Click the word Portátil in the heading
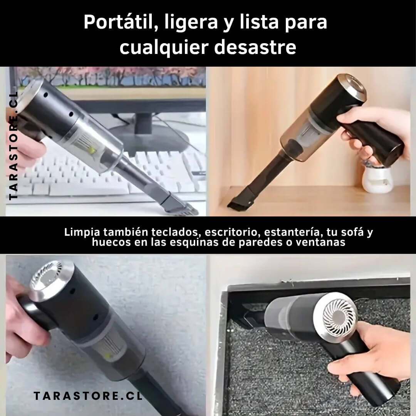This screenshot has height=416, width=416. [x=119, y=22]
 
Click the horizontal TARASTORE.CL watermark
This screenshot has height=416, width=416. [x=88, y=396]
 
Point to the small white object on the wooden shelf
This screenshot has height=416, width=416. [x=377, y=179]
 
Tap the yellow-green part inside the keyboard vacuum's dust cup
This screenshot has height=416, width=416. [x=92, y=151]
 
